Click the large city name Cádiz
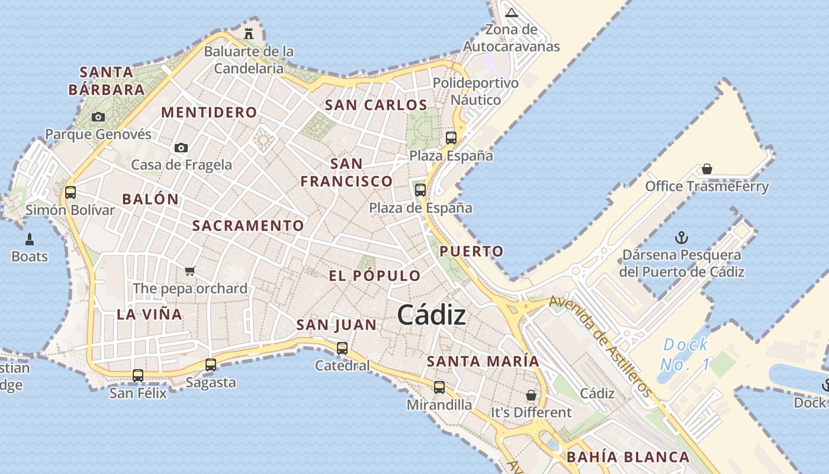(431, 315)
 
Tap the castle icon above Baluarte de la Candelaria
(249, 33)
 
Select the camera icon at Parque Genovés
(98, 117)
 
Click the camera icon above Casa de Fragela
(181, 148)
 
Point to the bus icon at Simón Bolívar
(70, 193)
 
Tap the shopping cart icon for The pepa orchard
(189, 271)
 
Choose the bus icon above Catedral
(342, 348)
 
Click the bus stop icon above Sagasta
(211, 365)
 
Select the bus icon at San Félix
(138, 375)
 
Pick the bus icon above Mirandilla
(439, 387)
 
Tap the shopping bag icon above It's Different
(531, 395)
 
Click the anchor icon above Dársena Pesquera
(682, 238)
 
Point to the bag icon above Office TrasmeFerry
(706, 169)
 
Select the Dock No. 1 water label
(685, 354)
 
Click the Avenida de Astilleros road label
(600, 347)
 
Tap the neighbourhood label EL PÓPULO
(374, 276)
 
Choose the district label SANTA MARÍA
(483, 361)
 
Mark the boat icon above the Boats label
(30, 239)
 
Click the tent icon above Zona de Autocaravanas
(512, 12)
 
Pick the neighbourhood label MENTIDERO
(209, 113)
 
